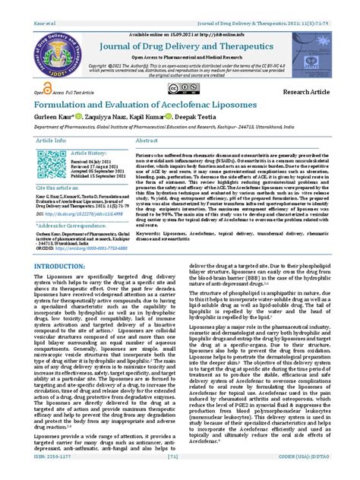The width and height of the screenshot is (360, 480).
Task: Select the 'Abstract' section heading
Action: pyautogui.click(x=147, y=141)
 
